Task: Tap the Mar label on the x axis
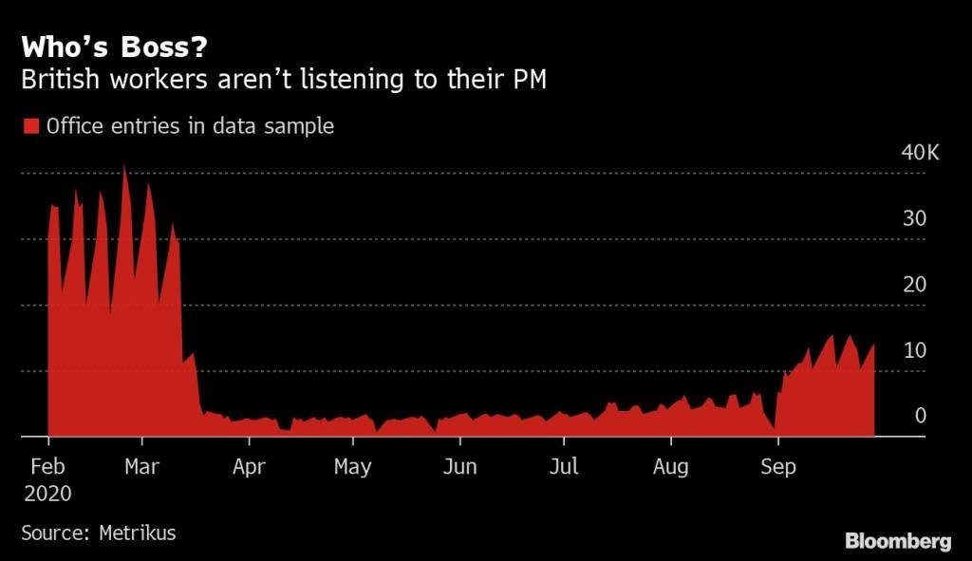[142, 467]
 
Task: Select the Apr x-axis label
[249, 467]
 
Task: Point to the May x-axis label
[353, 467]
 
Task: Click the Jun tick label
[459, 467]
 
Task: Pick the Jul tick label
[564, 467]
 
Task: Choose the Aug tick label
[671, 467]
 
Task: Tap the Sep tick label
[778, 467]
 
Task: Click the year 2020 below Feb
[47, 495]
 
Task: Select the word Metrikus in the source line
[138, 533]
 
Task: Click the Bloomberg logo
[898, 541]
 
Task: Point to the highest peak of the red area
[124, 167]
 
